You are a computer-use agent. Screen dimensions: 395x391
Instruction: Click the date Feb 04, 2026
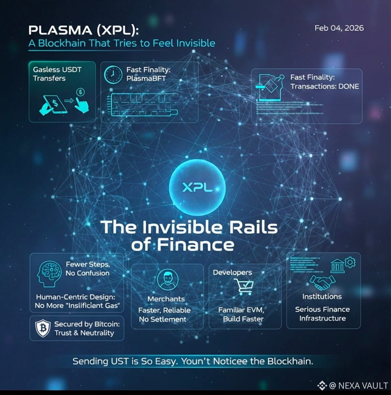339,28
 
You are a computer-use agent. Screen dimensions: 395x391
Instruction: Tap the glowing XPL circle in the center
197,188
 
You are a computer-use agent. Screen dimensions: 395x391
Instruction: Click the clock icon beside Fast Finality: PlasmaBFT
113,74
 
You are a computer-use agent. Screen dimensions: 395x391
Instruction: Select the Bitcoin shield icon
43,328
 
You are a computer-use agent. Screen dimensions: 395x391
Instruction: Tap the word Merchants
166,299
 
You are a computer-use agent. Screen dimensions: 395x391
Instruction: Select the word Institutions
322,297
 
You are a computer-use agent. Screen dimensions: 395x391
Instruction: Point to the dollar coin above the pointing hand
80,92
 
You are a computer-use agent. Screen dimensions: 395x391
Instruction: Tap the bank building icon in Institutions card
337,267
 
